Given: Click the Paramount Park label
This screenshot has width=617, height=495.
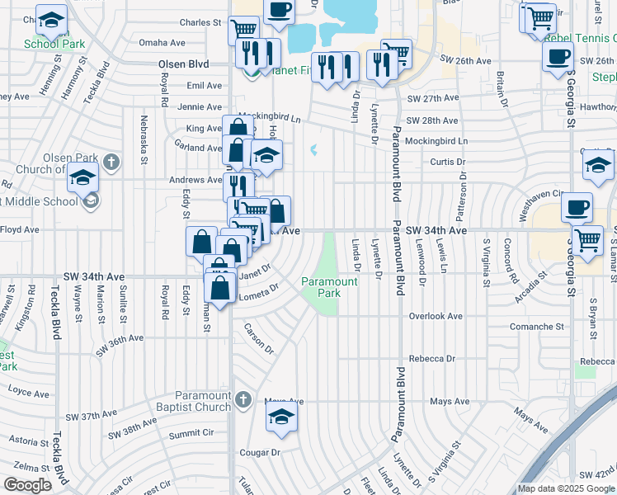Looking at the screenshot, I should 328,287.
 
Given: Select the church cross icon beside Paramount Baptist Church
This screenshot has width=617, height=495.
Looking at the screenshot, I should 242,401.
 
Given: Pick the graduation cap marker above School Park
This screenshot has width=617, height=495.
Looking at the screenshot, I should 52,19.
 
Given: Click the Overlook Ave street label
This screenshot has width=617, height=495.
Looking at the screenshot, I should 436,316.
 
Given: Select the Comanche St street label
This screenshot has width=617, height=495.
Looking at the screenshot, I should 536,327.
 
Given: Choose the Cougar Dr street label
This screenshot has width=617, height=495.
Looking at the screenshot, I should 260,452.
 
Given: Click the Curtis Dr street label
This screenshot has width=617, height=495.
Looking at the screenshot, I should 449,162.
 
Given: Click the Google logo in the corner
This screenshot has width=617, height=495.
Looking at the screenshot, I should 27,485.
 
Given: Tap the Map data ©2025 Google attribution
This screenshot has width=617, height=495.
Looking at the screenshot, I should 566,488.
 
